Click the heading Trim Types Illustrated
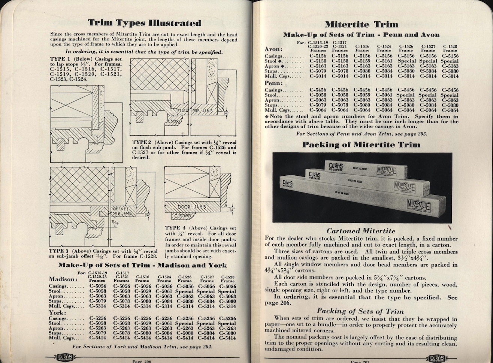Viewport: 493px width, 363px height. tap(144, 23)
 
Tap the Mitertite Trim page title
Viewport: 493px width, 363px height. tap(361, 25)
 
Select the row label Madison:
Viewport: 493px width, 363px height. tap(62, 279)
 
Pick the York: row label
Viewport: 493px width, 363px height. tap(57, 312)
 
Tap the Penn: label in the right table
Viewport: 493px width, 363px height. tap(273, 83)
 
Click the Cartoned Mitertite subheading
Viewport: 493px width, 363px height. tap(361, 231)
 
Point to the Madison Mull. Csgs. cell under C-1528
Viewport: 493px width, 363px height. tap(227, 306)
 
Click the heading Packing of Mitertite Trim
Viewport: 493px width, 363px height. tap(361, 145)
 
